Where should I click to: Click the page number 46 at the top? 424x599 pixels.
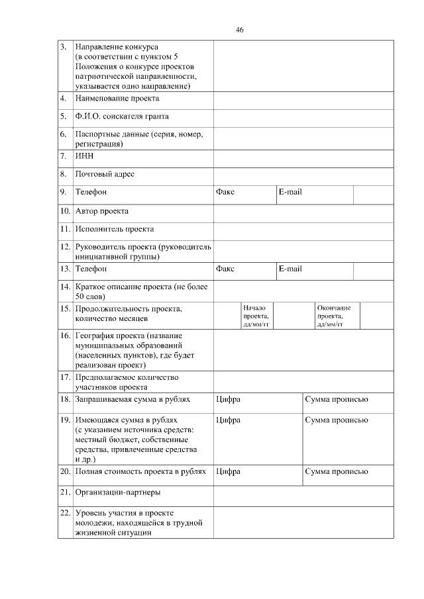(239, 30)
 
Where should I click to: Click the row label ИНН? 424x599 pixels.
(85, 156)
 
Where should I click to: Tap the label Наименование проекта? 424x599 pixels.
(117, 99)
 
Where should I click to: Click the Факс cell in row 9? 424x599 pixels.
(225, 192)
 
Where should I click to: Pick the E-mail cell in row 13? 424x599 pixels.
(290, 269)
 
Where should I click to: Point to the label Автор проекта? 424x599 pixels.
(102, 211)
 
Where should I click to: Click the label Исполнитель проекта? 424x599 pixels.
(115, 229)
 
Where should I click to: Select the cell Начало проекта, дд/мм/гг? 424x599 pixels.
(256, 316)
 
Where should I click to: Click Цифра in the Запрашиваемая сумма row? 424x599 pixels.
(228, 399)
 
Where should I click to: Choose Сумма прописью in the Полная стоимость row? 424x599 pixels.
(336, 472)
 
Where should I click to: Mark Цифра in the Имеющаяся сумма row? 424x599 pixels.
(228, 420)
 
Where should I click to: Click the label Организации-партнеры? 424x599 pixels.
(118, 492)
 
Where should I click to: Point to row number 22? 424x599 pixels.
(65, 513)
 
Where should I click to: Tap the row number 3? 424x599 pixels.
(63, 47)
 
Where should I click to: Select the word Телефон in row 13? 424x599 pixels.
(91, 269)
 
